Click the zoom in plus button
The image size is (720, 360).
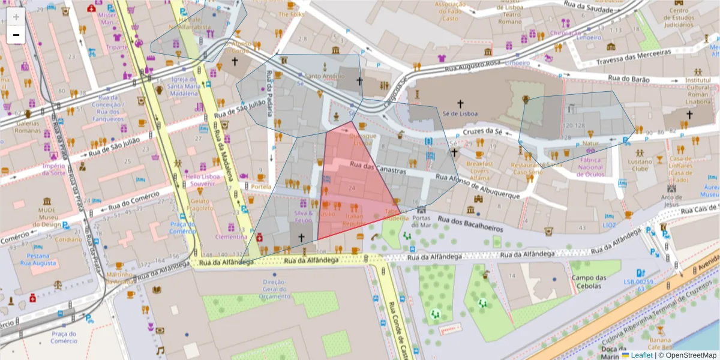click(x=16, y=17)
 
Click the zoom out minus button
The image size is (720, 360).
click(x=16, y=35)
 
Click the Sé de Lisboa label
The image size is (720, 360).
click(x=460, y=113)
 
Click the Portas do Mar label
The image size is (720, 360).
click(x=422, y=221)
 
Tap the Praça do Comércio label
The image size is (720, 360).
click(x=64, y=337)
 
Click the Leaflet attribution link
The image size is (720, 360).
click(x=641, y=355)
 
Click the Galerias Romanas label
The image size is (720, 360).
click(x=28, y=127)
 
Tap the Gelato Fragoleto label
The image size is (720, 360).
click(x=200, y=204)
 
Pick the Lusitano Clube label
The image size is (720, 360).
click(x=640, y=166)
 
